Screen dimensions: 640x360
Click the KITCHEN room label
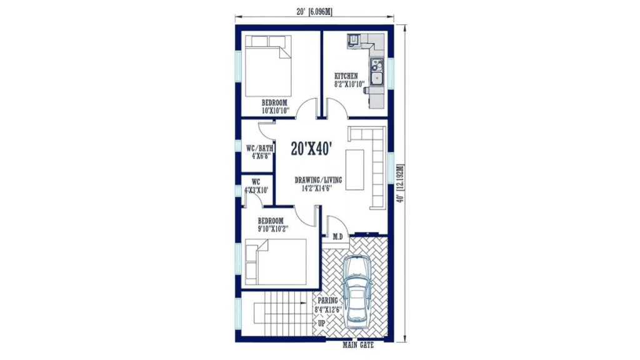pyautogui.click(x=346, y=76)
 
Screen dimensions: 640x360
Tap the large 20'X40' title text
pyautogui.click(x=311, y=149)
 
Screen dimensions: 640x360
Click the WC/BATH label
pyautogui.click(x=259, y=148)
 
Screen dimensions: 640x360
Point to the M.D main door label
pyautogui.click(x=337, y=236)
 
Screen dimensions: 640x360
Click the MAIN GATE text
pyautogui.click(x=358, y=345)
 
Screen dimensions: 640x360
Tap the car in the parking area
pyautogui.click(x=357, y=291)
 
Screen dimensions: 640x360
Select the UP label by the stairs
pyautogui.click(x=322, y=323)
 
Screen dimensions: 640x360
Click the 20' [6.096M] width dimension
pyautogui.click(x=314, y=12)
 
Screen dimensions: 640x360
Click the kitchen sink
pyautogui.click(x=376, y=72)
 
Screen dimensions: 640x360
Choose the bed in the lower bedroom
pyautogui.click(x=276, y=262)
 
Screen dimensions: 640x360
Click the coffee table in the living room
pyautogui.click(x=355, y=169)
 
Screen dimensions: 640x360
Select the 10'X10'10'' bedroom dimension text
pyautogui.click(x=276, y=111)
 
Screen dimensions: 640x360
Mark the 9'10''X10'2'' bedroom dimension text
pyautogui.click(x=272, y=229)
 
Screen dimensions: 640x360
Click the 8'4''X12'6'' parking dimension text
pyautogui.click(x=327, y=310)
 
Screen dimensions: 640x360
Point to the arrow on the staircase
pyautogui.click(x=286, y=303)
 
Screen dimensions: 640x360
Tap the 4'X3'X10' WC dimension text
pyautogui.click(x=256, y=190)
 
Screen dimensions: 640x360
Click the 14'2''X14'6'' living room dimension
pyautogui.click(x=317, y=188)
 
